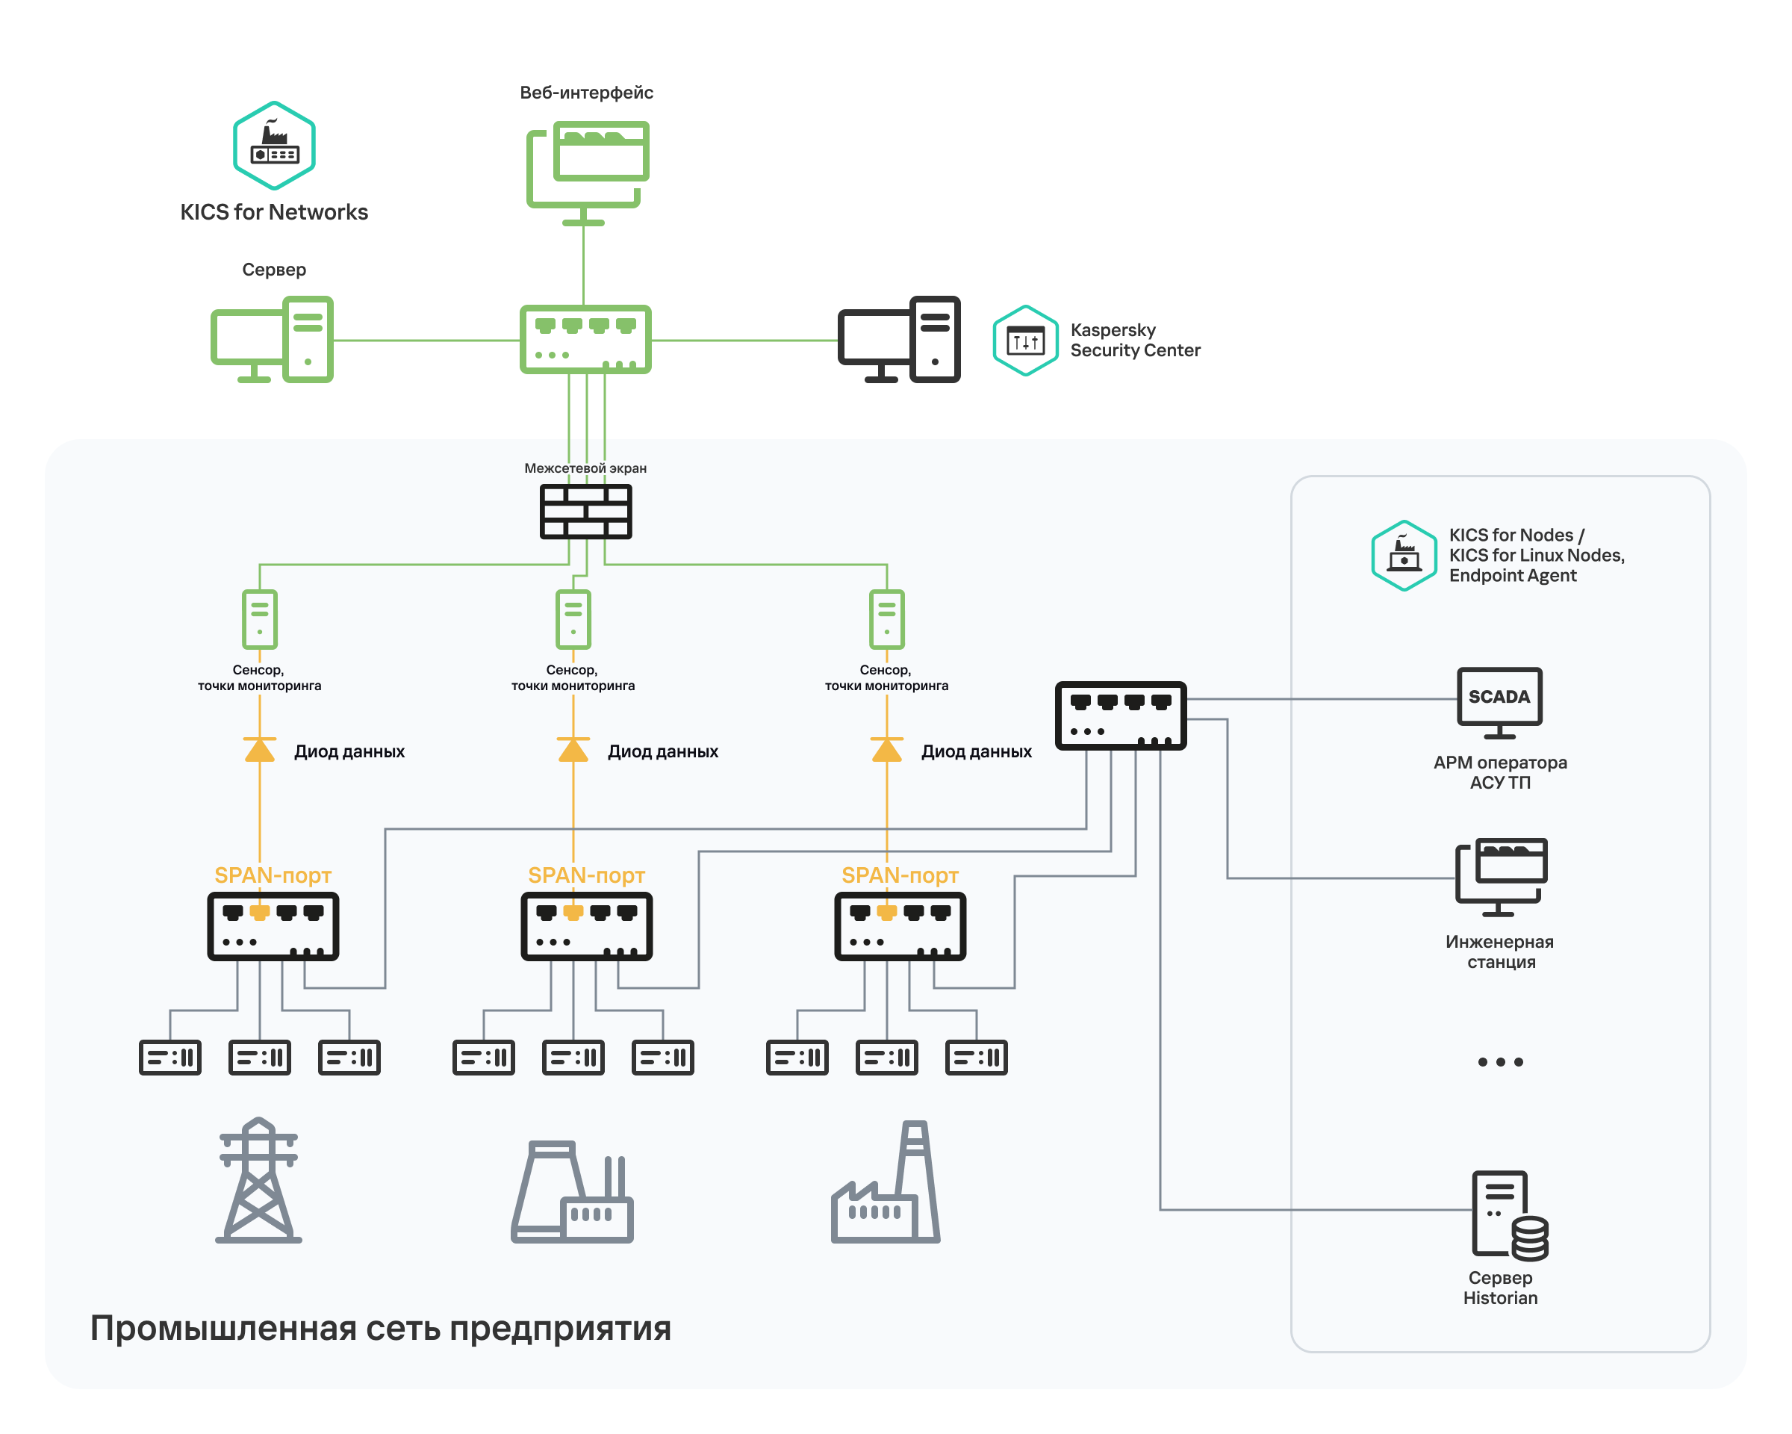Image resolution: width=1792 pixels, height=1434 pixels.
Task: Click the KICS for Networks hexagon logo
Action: [x=273, y=146]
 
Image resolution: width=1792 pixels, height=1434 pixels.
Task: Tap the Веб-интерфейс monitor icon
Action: [x=588, y=170]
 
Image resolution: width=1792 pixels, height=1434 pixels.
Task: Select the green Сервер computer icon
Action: [x=272, y=339]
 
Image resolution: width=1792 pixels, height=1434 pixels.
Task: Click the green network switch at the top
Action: [x=585, y=339]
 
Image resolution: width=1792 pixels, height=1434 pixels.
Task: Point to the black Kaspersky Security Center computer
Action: [x=898, y=339]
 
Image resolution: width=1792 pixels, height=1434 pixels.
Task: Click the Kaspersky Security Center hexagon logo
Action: [x=1025, y=341]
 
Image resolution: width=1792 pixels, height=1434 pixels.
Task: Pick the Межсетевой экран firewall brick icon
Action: [x=585, y=512]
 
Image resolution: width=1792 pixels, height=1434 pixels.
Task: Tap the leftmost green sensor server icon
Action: [x=259, y=619]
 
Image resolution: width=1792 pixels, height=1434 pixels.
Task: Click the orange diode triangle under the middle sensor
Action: [x=573, y=750]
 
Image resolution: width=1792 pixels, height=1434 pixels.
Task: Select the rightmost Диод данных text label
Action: [x=976, y=751]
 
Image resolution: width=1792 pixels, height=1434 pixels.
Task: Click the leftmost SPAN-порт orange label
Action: [x=273, y=875]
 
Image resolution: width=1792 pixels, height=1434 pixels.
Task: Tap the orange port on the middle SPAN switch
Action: [x=573, y=913]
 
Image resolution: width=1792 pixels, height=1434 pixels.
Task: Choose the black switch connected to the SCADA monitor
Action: [x=1121, y=716]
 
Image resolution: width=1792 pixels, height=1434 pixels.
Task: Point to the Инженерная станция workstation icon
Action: [x=1500, y=877]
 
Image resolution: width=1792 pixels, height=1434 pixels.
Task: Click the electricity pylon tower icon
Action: [x=258, y=1181]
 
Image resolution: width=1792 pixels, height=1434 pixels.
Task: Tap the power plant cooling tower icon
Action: [x=572, y=1191]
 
